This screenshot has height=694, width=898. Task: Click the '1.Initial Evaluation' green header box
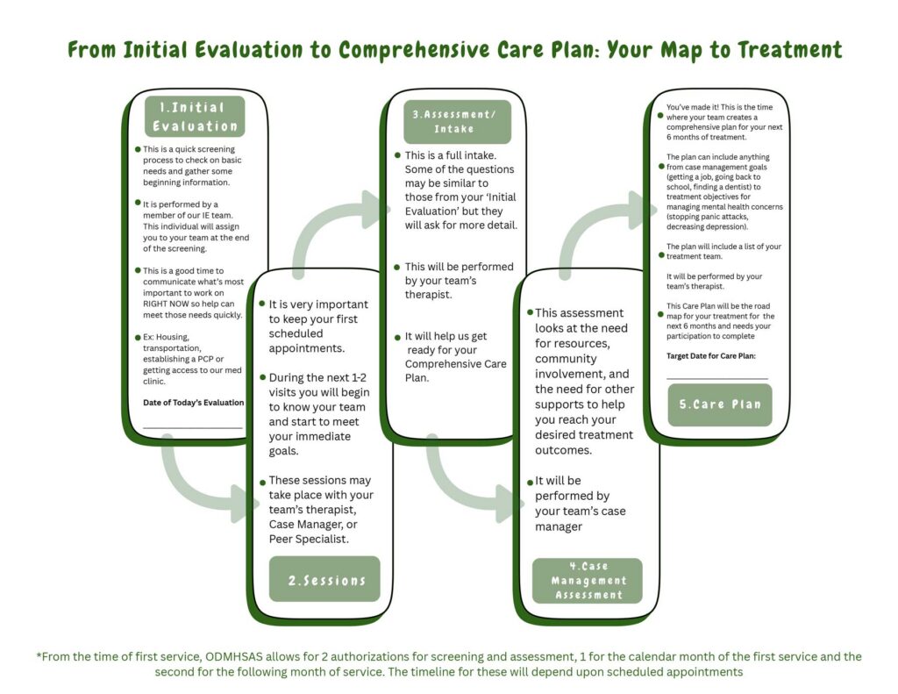[x=195, y=117]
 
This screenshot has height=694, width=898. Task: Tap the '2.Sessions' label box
[x=324, y=579]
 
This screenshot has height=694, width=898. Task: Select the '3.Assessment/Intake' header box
[x=457, y=120]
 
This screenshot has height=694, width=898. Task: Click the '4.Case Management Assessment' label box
[x=588, y=581]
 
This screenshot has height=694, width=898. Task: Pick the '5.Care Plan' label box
[x=720, y=405]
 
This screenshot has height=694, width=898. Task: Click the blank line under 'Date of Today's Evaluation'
[x=193, y=427]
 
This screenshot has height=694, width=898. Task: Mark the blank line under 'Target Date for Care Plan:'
[x=717, y=378]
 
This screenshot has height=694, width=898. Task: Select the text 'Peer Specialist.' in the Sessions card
[x=310, y=539]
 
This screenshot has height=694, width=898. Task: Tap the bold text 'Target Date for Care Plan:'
[x=711, y=355]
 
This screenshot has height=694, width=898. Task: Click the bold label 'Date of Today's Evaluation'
[x=193, y=403]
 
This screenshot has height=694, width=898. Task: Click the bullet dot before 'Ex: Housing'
[x=138, y=337]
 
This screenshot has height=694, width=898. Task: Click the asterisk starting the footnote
[x=39, y=656]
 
